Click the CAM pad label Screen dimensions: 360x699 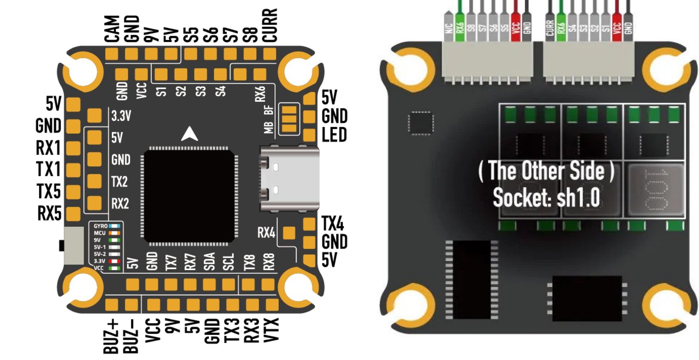(x=112, y=29)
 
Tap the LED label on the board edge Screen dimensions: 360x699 (x=334, y=135)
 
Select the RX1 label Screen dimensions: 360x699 (x=48, y=148)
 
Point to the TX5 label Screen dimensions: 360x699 (x=49, y=191)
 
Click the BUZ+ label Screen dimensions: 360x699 (x=111, y=336)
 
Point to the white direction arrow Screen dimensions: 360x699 (x=189, y=134)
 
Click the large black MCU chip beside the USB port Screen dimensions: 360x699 (x=189, y=196)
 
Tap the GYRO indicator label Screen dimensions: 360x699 (x=100, y=226)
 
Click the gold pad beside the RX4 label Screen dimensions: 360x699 (x=289, y=233)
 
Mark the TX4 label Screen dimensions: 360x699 (x=332, y=224)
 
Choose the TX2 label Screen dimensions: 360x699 (x=120, y=182)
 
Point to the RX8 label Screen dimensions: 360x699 (x=268, y=262)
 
